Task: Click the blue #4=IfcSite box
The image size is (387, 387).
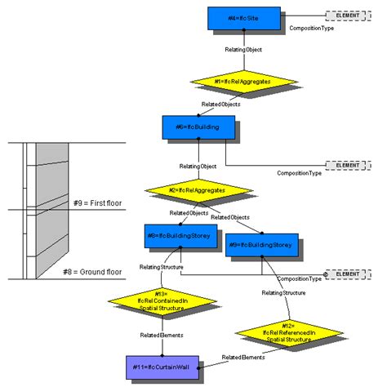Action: click(243, 19)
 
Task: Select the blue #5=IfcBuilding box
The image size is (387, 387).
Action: click(198, 128)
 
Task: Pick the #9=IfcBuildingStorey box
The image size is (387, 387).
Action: click(261, 245)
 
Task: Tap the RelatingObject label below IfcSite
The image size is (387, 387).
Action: click(243, 50)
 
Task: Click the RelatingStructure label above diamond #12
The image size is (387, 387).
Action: click(284, 292)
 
